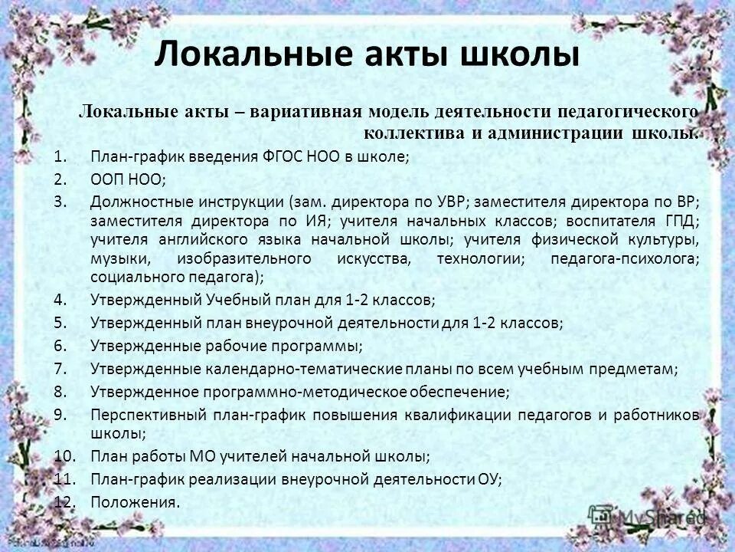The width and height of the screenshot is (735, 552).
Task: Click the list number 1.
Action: click(x=61, y=158)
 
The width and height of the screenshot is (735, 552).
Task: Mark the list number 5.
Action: click(x=61, y=323)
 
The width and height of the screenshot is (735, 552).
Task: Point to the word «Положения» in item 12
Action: click(x=132, y=503)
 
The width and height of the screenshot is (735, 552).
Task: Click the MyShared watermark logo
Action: click(x=647, y=514)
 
